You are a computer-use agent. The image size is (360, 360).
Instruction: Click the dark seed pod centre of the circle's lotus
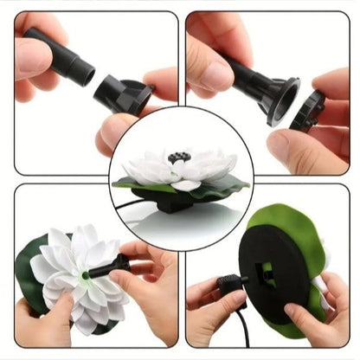point(180,157)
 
